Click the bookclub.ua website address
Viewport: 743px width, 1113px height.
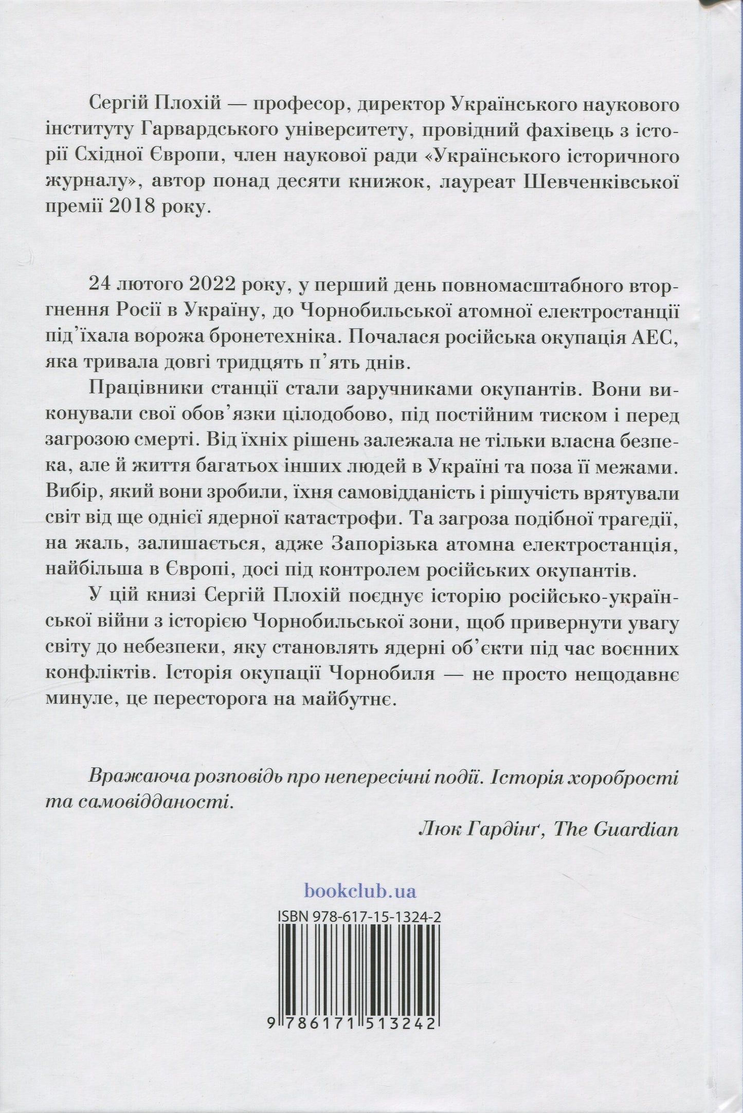coord(360,890)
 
